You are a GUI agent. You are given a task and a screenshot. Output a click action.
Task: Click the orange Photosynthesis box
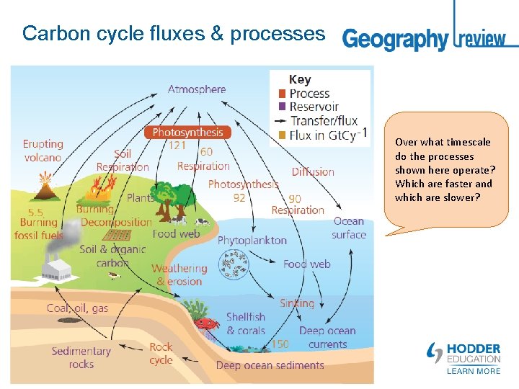188,133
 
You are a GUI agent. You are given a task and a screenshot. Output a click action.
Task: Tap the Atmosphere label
197,89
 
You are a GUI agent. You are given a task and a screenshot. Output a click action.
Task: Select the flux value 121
177,146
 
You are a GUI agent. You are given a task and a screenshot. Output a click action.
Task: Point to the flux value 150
280,344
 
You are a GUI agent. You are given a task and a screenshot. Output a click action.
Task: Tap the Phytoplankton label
252,241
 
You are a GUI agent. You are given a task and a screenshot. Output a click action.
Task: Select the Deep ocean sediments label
270,365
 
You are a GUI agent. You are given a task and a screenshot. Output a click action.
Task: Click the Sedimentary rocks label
81,357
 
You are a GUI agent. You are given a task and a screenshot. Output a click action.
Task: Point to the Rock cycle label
161,353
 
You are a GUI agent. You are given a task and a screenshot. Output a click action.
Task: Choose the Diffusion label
313,171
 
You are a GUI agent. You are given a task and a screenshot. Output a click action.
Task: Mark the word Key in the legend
299,80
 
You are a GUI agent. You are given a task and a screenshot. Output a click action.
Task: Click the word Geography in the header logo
395,39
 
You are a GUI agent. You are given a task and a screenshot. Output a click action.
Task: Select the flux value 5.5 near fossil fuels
36,213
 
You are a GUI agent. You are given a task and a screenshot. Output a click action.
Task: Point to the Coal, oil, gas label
77,308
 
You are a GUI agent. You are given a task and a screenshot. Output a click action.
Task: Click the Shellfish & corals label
246,323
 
